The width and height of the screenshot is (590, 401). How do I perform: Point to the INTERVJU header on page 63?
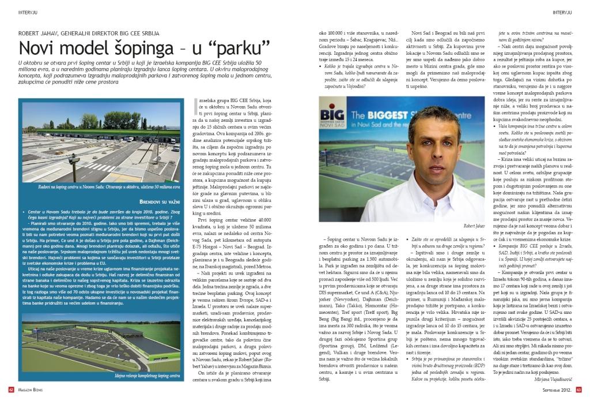tap(568, 11)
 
